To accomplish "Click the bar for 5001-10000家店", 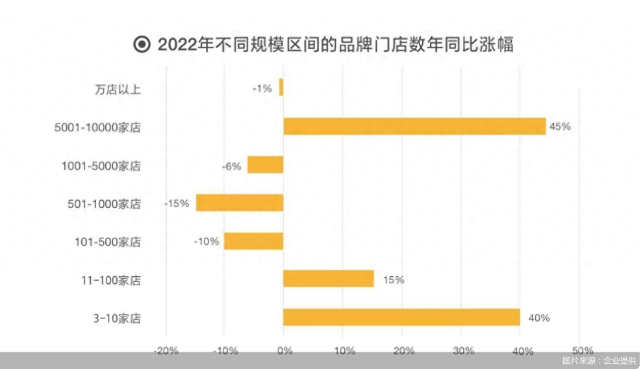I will coord(414,126).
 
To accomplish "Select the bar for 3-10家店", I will coord(401,317).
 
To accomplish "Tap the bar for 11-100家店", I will coord(328,279).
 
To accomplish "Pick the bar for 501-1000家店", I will coord(240,203).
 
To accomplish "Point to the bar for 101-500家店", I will coord(253,241).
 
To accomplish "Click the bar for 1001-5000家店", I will coord(265,164).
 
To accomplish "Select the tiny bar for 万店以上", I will coord(281,88).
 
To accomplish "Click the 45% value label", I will coord(560,127).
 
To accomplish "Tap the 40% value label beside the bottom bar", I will coord(539,318).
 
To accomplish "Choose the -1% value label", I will coord(262,88).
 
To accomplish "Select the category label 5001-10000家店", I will coord(98,127).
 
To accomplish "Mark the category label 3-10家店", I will coord(117,318).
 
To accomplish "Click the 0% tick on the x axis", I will coord(284,352).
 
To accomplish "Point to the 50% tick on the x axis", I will coord(581,352).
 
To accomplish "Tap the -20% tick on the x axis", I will coord(166,352).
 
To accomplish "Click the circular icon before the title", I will coord(141,45).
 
